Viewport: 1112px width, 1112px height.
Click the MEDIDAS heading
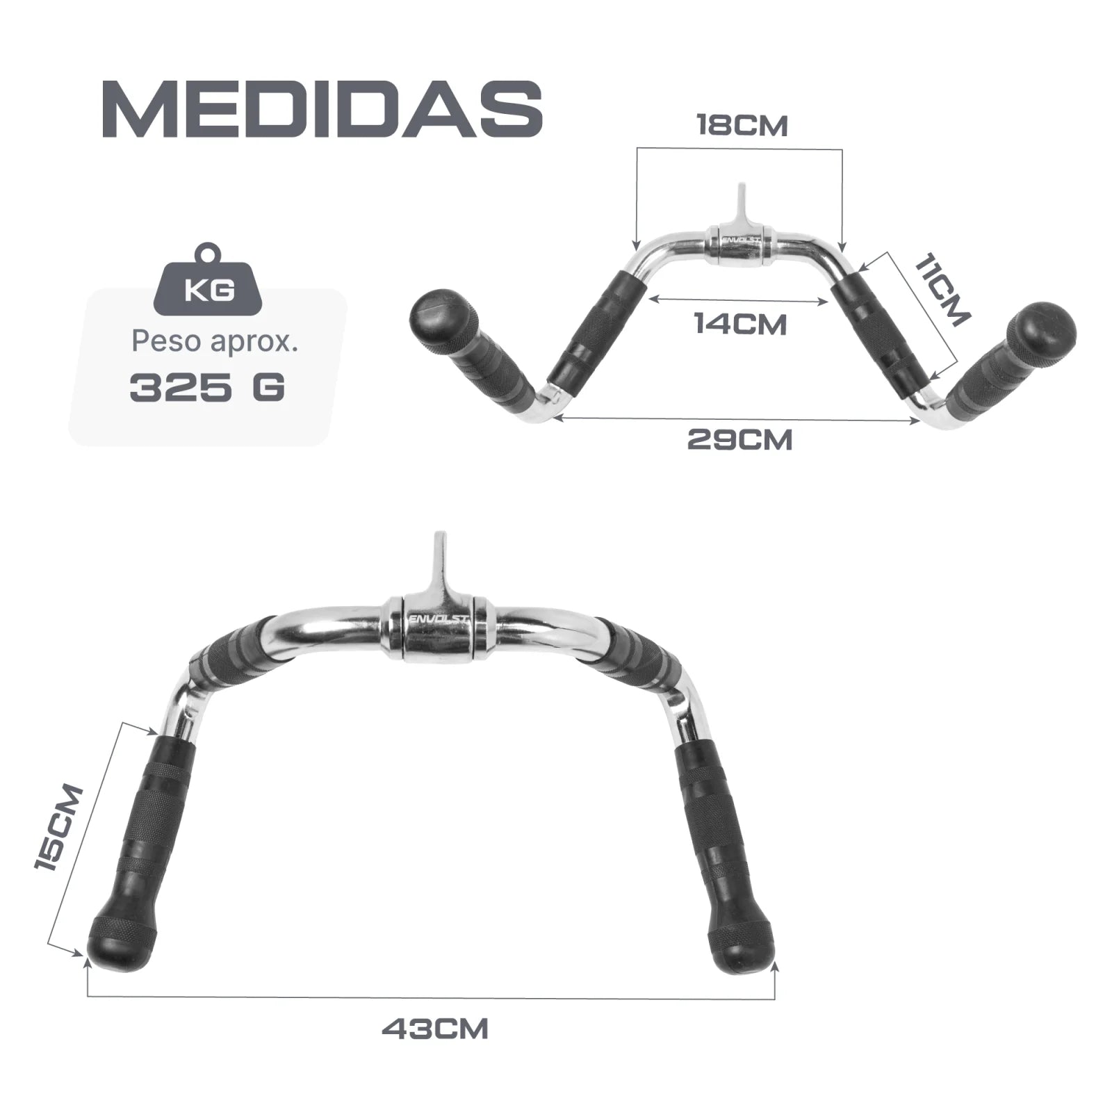322,108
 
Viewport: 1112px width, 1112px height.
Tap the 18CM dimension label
742,126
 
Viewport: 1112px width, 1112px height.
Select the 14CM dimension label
741,324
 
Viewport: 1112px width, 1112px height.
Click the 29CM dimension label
740,440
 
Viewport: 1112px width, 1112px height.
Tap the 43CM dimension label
435,1029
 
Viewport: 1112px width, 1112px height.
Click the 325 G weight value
207,388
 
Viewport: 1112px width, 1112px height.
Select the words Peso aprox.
215,342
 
